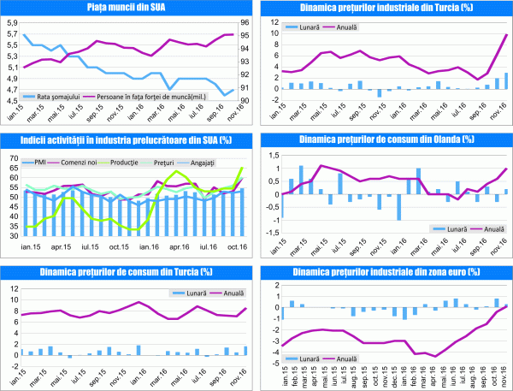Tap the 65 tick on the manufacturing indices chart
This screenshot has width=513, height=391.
(x=12, y=158)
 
